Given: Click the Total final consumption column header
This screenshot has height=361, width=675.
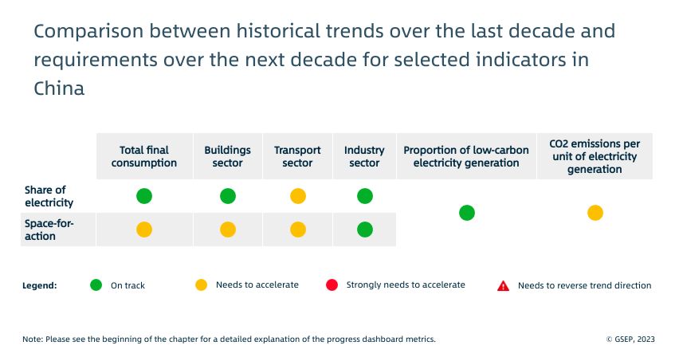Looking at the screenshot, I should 143,156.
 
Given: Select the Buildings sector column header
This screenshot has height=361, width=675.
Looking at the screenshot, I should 227,156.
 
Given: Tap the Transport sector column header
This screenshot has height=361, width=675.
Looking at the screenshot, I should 297,156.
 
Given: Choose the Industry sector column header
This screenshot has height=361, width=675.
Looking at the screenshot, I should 364,156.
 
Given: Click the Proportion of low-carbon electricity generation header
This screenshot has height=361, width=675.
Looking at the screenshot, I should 466,156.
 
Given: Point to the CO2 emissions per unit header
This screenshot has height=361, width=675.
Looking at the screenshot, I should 595,156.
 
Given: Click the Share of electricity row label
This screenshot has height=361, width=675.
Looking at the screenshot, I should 45,195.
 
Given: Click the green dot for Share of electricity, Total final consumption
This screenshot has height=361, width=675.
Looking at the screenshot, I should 144,196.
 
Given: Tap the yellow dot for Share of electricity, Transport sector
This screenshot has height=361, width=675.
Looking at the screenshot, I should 298,196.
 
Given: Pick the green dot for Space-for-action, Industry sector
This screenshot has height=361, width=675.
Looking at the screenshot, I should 365,230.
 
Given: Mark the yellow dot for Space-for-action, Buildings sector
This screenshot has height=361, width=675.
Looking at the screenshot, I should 228,230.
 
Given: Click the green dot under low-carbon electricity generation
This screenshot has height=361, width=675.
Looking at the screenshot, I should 467,213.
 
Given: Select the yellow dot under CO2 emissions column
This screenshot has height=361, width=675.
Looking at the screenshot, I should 595,213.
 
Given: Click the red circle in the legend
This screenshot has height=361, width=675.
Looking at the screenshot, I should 332,284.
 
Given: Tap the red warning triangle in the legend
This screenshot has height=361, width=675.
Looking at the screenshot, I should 503,285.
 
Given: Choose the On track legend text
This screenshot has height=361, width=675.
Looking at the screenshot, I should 128,285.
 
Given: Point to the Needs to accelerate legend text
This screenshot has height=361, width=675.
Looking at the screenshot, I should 257,284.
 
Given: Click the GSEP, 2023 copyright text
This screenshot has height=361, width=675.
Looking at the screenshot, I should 630,339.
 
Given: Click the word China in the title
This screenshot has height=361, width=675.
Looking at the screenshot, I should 59,88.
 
